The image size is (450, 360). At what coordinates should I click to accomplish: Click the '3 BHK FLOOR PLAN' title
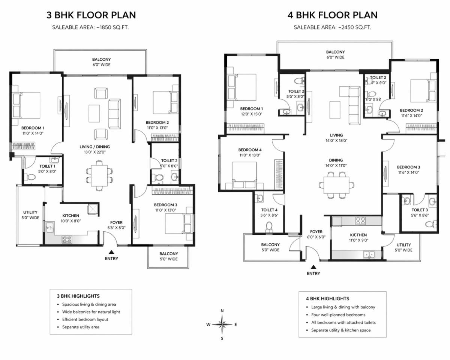tap(91, 15)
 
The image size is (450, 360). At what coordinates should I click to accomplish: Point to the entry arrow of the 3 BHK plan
tap(111, 252)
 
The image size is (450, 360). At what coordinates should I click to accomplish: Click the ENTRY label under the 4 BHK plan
tap(313, 273)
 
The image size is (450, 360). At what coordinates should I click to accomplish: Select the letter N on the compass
tap(222, 310)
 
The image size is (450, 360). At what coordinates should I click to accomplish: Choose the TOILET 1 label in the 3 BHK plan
tap(47, 166)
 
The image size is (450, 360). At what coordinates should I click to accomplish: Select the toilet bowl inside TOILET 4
tap(268, 226)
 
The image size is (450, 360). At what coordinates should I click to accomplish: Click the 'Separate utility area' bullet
tap(81, 327)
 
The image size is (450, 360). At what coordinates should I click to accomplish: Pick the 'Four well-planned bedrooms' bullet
tap(338, 315)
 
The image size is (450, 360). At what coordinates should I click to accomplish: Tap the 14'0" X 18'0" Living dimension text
tap(336, 141)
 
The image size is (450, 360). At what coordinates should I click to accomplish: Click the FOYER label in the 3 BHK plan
tap(116, 222)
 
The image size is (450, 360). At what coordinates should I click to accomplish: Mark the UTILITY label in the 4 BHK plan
tap(403, 245)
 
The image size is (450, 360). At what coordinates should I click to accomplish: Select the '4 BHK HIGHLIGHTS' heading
tap(327, 298)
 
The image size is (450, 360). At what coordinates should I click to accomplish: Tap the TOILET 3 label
tap(420, 210)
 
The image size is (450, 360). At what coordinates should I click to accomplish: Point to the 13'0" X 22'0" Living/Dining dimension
tap(94, 152)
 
